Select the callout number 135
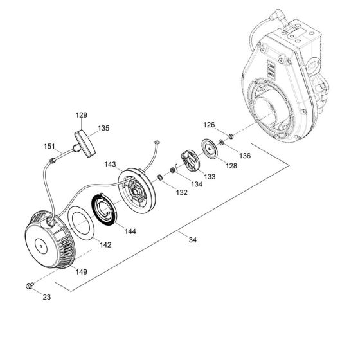104,128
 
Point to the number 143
110,165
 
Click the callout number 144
131,230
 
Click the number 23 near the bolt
46,296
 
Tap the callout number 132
181,192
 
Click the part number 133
210,176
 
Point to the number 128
231,166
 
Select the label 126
210,125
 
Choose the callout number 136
244,155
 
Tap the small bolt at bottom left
29,283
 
